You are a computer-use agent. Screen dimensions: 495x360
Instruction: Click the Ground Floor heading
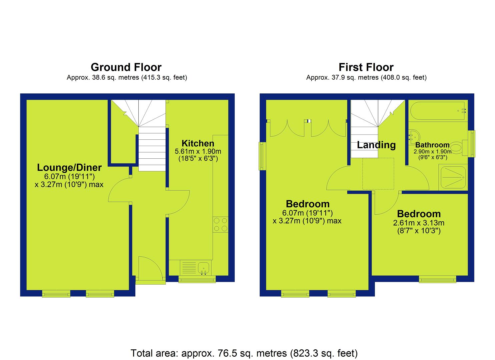point(126,67)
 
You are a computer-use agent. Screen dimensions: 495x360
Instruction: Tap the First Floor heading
point(366,67)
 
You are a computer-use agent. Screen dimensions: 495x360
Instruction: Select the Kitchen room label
point(198,143)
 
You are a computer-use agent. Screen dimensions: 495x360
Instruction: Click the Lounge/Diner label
point(69,167)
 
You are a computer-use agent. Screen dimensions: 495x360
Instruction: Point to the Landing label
point(376,145)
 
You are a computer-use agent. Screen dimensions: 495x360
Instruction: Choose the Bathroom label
point(432,145)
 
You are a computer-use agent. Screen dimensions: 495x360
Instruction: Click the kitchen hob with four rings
point(220,225)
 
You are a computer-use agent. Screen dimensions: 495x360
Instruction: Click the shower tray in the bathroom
point(453,177)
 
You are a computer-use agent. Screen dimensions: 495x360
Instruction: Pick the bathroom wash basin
point(414,137)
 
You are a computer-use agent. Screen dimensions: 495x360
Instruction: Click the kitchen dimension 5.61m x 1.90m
point(198,151)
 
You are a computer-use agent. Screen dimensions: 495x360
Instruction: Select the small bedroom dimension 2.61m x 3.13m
point(419,223)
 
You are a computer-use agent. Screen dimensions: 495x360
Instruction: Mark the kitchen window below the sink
point(197,280)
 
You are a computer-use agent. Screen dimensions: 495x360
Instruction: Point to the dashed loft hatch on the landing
point(378,174)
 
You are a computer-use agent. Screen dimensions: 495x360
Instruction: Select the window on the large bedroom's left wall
point(263,156)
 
